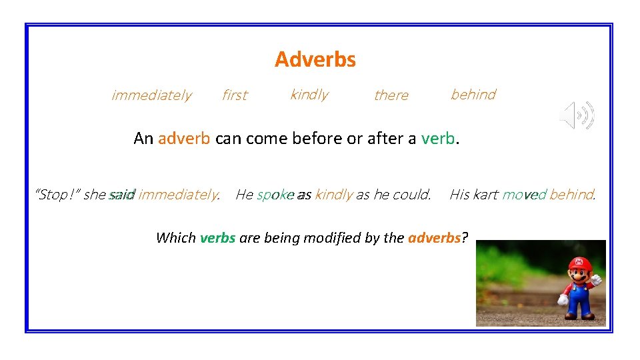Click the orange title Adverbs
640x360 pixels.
coord(315,59)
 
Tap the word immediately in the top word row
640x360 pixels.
coord(151,95)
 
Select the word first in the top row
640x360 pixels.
coord(234,95)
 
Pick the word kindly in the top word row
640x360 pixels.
coord(309,95)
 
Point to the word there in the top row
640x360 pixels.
coord(391,95)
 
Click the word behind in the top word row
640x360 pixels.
coord(473,95)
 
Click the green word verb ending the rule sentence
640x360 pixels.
coord(438,138)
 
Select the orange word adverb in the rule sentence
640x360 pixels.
coord(185,138)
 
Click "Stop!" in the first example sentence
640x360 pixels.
coord(57,195)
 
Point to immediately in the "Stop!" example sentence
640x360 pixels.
coord(178,195)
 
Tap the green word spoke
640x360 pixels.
coord(275,195)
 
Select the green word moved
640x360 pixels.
coord(524,195)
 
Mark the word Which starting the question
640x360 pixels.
coord(175,238)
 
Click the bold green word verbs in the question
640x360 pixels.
coord(217,238)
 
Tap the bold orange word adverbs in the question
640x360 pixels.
coord(434,238)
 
